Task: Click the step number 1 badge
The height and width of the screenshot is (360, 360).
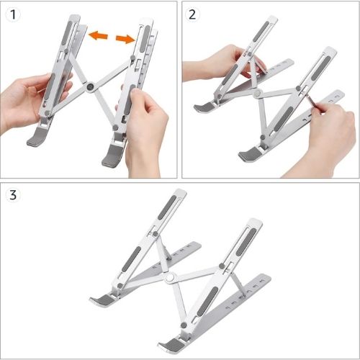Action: coord(13,14)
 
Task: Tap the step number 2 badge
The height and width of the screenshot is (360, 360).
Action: coord(192,14)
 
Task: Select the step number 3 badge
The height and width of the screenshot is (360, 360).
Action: coord(13,194)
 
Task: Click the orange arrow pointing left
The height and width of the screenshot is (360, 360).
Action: coord(98,35)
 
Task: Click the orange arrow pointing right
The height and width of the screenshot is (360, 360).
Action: coord(125,39)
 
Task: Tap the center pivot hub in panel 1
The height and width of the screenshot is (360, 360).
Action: coord(91,86)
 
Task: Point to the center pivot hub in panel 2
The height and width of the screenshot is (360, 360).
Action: coord(258,93)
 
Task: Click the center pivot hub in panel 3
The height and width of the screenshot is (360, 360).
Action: coord(171,278)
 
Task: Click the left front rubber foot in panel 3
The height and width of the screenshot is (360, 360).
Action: coord(102,300)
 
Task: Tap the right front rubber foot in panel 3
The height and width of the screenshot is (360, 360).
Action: coord(171,343)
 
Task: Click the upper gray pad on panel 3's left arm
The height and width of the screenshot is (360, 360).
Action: coord(167,207)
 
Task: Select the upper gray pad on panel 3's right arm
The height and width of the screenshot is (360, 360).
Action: coord(246,242)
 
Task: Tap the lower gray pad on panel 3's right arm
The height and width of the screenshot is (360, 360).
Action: coord(208,301)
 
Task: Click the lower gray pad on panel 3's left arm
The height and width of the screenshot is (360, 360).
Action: coord(131,259)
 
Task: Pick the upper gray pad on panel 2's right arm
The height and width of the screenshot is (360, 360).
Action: coord(321,68)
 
